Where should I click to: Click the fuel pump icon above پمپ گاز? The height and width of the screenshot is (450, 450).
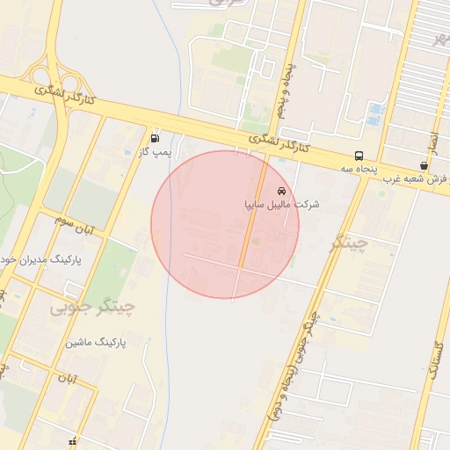pyautogui.click(x=156, y=138)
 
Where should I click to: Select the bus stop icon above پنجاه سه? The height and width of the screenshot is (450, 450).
pyautogui.click(x=358, y=156)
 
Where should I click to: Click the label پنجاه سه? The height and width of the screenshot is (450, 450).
pyautogui.click(x=360, y=169)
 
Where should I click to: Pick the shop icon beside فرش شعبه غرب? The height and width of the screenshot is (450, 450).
pyautogui.click(x=425, y=165)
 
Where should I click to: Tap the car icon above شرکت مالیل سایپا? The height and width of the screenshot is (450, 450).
pyautogui.click(x=281, y=191)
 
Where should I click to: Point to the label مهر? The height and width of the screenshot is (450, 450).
pyautogui.click(x=441, y=39)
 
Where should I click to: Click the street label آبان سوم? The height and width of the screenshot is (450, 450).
pyautogui.click(x=78, y=226)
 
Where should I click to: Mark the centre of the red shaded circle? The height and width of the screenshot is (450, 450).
pyautogui.click(x=225, y=224)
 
